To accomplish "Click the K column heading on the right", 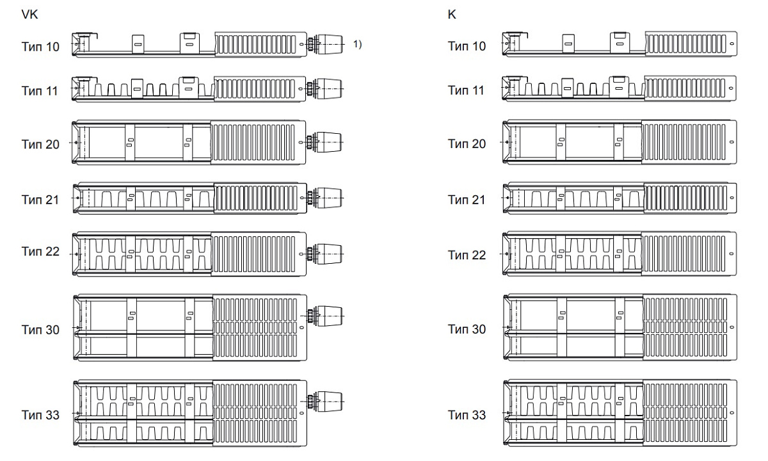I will tap(452, 14).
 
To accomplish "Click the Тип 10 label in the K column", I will tap(467, 47).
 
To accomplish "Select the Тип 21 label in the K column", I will tap(467, 200).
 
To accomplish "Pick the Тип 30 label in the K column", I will tap(467, 329).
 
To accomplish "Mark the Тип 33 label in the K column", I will tap(467, 415).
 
